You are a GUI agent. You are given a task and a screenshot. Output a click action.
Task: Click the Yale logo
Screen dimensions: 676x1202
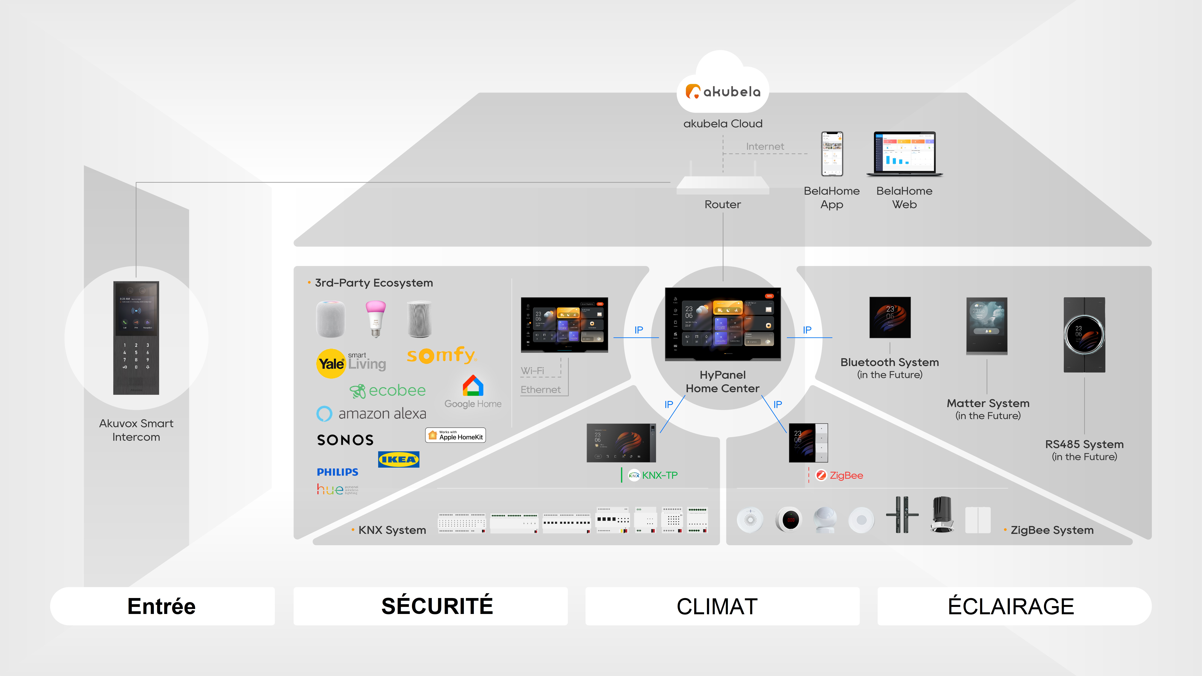click(331, 363)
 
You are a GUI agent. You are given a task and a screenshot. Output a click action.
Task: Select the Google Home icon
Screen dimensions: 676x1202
click(473, 386)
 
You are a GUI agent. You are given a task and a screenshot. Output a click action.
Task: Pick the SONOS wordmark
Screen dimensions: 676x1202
click(345, 440)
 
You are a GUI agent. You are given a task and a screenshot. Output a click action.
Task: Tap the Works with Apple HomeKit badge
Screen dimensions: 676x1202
click(455, 435)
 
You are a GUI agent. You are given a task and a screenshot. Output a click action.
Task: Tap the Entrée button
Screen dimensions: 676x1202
click(162, 606)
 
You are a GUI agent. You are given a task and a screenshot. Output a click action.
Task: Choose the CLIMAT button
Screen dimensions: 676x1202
click(717, 606)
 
